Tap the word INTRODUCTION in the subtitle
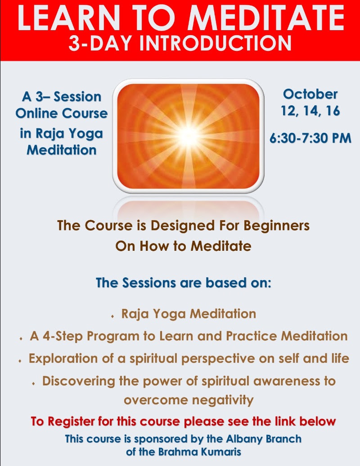click(216, 43)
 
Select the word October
click(310, 94)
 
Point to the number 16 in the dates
click(333, 111)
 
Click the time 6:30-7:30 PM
click(310, 138)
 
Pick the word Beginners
click(277, 226)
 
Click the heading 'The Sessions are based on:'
click(183, 283)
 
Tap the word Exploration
click(63, 358)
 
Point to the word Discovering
click(78, 381)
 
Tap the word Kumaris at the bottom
click(221, 452)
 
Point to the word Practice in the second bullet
click(251, 336)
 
